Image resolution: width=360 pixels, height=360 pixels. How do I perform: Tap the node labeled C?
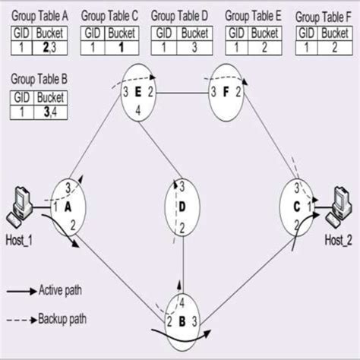pyautogui.click(x=297, y=206)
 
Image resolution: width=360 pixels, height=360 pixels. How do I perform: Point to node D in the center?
pyautogui.click(x=182, y=207)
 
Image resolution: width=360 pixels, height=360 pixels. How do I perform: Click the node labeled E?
pyautogui.click(x=138, y=92)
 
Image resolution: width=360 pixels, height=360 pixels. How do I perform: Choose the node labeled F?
pyautogui.click(x=227, y=93)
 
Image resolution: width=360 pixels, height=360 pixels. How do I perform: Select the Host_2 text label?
pyautogui.click(x=339, y=240)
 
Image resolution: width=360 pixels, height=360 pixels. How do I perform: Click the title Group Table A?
pyautogui.click(x=38, y=15)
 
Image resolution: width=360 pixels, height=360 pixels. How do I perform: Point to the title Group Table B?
pyautogui.click(x=38, y=78)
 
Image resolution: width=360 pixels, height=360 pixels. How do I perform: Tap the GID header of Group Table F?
pyautogui.click(x=306, y=33)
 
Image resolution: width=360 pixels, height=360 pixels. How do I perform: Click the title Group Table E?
pyautogui.click(x=253, y=15)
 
